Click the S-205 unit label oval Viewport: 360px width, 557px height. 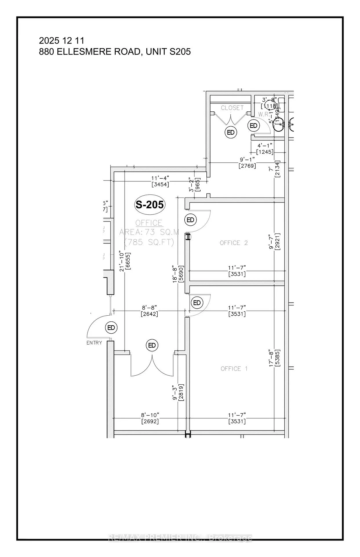[x=150, y=205]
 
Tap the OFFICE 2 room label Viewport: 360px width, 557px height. [x=234, y=243]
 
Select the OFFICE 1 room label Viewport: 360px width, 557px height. [x=234, y=369]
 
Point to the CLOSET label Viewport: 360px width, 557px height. [x=232, y=108]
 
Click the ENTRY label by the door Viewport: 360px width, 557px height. [x=94, y=343]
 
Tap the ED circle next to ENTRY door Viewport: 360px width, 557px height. [x=111, y=328]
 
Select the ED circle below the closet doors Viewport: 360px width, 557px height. [x=231, y=133]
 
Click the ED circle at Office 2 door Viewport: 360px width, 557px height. [x=190, y=220]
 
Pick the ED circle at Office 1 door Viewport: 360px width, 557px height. [x=197, y=303]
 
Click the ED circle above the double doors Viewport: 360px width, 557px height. [x=152, y=345]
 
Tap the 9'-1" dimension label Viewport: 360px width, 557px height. [x=247, y=159]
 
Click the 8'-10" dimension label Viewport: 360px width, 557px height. [x=150, y=415]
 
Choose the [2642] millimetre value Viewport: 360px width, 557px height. [x=149, y=314]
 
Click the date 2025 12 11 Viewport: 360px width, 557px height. [x=62, y=40]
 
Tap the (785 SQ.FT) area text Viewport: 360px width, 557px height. [x=149, y=242]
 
